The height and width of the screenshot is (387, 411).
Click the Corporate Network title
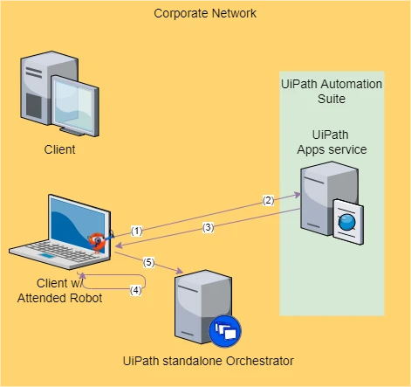click(x=205, y=13)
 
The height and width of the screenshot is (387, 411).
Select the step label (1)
click(x=136, y=231)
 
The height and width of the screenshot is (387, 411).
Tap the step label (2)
click(x=268, y=200)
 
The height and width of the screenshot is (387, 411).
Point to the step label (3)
click(x=208, y=227)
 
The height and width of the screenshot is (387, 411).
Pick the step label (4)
click(x=136, y=290)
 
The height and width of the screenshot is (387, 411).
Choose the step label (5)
click(x=148, y=262)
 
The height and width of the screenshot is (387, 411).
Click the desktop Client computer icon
click(x=59, y=93)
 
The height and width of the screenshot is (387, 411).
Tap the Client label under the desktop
click(x=59, y=149)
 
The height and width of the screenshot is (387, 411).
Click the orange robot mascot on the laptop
click(x=98, y=242)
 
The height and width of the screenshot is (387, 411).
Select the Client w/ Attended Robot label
click(x=59, y=291)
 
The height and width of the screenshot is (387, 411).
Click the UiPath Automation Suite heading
click(x=332, y=91)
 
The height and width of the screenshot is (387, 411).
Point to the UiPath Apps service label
click(x=332, y=142)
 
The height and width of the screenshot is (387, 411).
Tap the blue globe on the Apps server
click(x=347, y=223)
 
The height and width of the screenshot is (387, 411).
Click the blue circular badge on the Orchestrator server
click(x=225, y=331)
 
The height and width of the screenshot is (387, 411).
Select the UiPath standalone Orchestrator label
click(x=209, y=361)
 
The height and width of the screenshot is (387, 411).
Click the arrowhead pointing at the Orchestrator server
click(x=180, y=271)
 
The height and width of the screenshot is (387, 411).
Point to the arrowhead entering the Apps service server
click(x=298, y=194)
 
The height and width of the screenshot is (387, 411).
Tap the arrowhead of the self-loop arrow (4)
click(x=82, y=276)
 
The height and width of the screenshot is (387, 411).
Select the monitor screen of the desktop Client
click(x=76, y=106)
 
